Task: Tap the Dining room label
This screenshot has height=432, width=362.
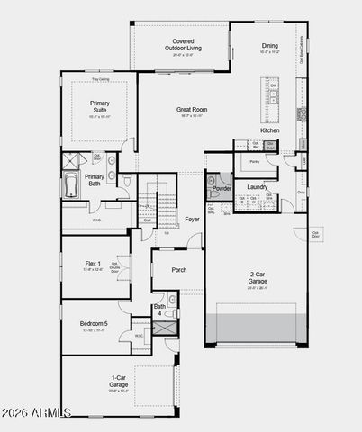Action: click(269, 45)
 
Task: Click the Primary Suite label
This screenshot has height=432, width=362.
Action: click(99, 107)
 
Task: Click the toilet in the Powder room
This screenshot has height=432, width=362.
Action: click(213, 190)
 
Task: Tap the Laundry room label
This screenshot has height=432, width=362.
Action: click(257, 187)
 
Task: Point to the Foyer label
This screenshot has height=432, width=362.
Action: click(192, 219)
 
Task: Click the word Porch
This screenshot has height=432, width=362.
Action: click(178, 268)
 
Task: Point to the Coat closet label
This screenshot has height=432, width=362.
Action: click(147, 220)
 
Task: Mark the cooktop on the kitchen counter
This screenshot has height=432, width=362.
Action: click(303, 114)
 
